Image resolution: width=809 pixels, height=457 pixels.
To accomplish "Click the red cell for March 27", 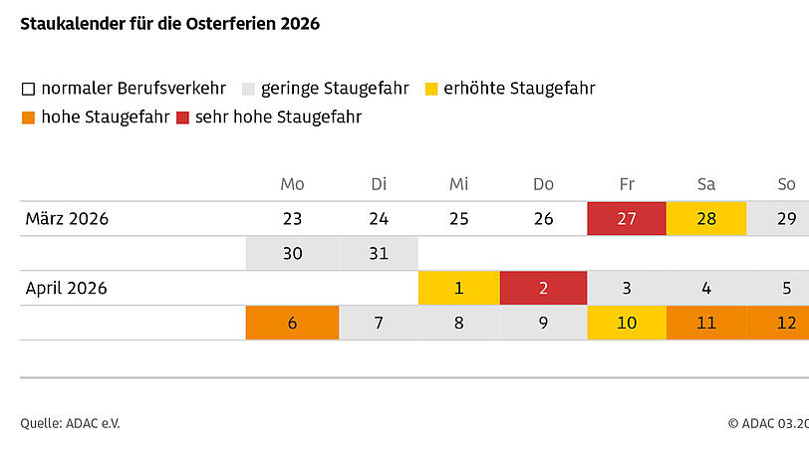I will [627, 219].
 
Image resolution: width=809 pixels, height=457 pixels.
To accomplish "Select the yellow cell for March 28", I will [706, 219].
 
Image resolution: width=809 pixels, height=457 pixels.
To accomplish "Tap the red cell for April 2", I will [543, 289].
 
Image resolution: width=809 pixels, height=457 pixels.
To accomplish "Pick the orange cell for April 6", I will [292, 323].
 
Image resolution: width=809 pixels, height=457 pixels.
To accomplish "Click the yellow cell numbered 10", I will [627, 323].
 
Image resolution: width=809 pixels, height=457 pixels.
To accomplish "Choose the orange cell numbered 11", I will [706, 323].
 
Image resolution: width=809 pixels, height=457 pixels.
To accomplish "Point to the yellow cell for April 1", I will [458, 289].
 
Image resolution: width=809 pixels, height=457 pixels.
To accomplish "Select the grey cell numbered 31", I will [379, 254].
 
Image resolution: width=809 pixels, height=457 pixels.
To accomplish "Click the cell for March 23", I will [292, 219].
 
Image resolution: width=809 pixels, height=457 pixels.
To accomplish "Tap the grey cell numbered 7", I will [379, 323].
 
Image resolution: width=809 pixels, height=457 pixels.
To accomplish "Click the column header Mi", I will [458, 184].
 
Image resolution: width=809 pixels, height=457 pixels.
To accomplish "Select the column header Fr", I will [627, 184].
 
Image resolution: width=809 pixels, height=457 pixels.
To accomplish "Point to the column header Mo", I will [292, 184].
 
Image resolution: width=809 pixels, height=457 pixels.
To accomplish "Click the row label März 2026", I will [67, 219].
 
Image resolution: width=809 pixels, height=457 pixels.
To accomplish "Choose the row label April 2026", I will [67, 289].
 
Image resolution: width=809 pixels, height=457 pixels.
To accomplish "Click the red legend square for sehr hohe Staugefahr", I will [183, 117].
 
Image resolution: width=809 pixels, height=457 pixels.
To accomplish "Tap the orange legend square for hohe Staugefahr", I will [28, 117].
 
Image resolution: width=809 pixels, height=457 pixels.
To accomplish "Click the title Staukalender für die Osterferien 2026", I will [170, 24].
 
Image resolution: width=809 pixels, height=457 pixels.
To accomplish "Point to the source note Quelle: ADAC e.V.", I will [71, 423].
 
